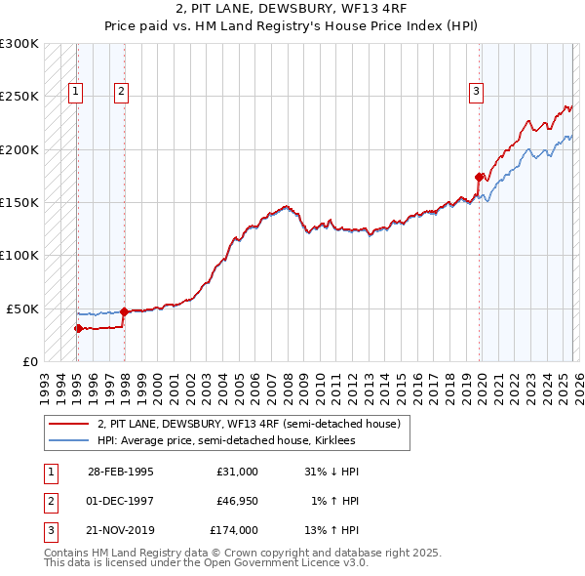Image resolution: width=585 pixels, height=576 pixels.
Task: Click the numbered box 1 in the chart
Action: [76, 93]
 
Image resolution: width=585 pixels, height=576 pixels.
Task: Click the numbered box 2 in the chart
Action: [121, 93]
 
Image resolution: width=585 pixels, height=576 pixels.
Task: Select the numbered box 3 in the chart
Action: [476, 93]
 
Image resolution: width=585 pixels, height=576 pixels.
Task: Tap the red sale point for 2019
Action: [479, 177]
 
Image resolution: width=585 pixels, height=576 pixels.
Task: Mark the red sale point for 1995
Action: [78, 328]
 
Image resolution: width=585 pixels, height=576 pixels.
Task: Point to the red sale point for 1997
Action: [124, 311]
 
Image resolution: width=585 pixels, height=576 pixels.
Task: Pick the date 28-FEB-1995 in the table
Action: [121, 472]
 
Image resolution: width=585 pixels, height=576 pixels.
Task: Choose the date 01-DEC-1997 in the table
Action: [121, 501]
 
